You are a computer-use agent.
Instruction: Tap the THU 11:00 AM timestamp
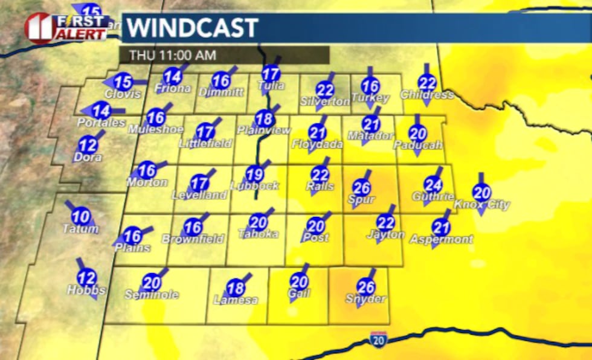(172, 56)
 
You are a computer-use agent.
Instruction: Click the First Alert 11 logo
(66, 27)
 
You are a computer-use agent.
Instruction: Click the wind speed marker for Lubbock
(256, 175)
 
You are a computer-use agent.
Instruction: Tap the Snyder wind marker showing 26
(366, 287)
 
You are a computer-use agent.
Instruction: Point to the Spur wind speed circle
(362, 188)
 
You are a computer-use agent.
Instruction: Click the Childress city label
(426, 95)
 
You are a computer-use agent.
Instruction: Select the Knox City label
(481, 205)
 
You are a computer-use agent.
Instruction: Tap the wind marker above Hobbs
(87, 278)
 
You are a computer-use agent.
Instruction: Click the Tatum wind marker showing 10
(81, 216)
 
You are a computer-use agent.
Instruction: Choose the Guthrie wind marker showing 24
(433, 185)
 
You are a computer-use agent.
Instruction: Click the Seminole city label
(152, 294)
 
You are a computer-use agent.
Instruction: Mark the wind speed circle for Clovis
(123, 82)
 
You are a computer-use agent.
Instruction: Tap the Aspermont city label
(441, 240)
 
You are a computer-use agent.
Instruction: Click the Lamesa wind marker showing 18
(236, 288)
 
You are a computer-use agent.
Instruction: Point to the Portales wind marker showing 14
(101, 111)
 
